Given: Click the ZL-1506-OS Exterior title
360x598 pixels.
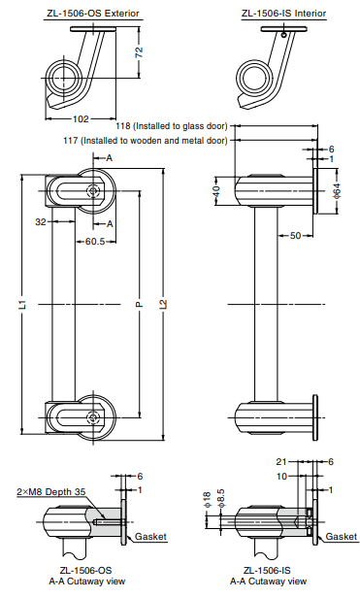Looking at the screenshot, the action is [x=93, y=14].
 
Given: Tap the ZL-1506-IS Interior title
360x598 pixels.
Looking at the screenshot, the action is [x=283, y=14].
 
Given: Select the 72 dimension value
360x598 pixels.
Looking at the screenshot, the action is [x=139, y=51].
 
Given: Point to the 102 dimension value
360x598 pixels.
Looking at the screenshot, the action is [x=81, y=119].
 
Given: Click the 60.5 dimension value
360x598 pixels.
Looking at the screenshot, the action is [x=95, y=242].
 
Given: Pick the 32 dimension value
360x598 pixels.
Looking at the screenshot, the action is [x=41, y=221].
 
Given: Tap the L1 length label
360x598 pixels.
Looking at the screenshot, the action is [x=23, y=304].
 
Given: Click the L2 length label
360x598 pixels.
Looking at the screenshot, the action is [x=163, y=304].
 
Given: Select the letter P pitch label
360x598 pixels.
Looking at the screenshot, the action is [x=139, y=304].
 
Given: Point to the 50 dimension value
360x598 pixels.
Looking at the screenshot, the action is [x=295, y=236].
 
